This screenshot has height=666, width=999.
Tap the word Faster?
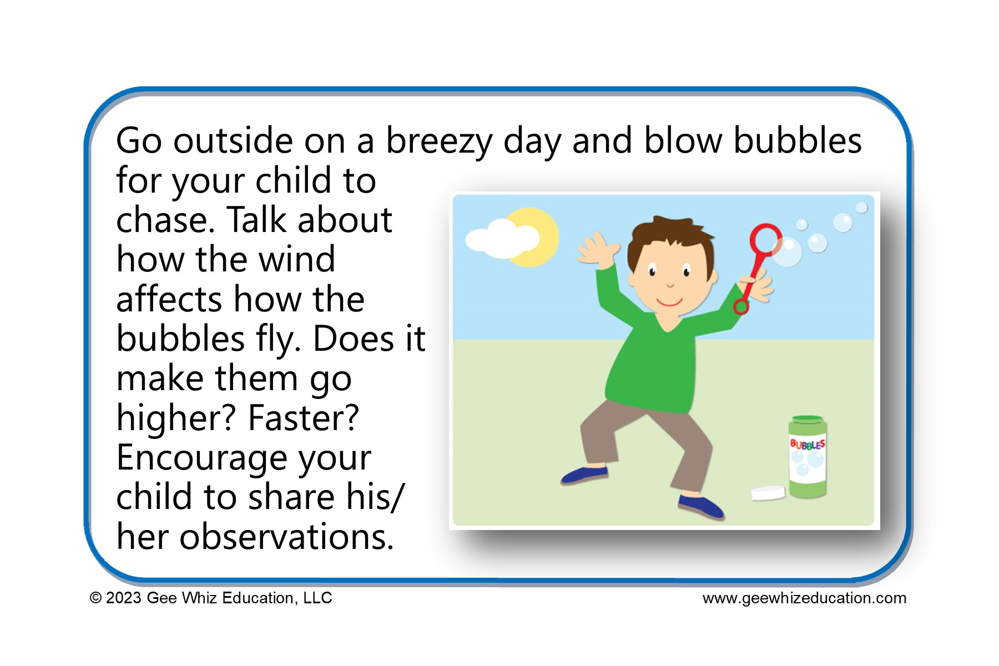coord(304,418)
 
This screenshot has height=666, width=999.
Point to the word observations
coord(286,537)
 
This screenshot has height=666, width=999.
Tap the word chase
coord(165,220)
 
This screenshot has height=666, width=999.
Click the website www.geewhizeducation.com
coord(804,598)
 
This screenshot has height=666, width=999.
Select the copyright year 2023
coord(123,598)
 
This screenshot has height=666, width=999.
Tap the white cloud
coord(502,239)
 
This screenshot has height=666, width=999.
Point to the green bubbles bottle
coord(808,457)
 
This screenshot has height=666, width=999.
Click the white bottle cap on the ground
coord(768,492)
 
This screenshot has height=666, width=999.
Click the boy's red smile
coord(669,302)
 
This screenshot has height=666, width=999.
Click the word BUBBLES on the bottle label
coord(808,445)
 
